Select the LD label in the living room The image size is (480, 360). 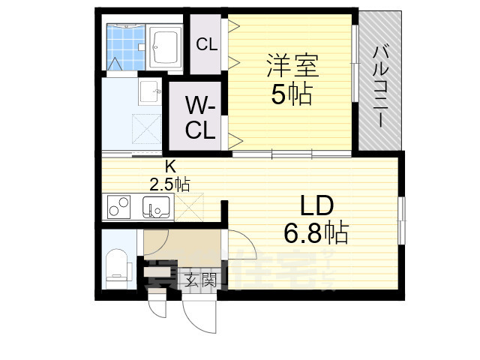(x=316, y=205)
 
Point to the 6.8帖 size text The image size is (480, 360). (x=316, y=234)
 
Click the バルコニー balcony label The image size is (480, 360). (x=380, y=85)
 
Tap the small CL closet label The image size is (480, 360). (x=206, y=45)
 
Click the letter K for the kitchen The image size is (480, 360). (x=170, y=167)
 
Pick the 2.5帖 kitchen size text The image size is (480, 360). (x=170, y=183)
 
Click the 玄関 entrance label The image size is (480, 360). (x=200, y=282)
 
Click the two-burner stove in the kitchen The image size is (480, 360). (x=118, y=205)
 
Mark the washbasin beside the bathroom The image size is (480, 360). (x=150, y=93)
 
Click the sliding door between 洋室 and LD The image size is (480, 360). (x=291, y=154)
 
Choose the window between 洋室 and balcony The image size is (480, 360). (x=354, y=63)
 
